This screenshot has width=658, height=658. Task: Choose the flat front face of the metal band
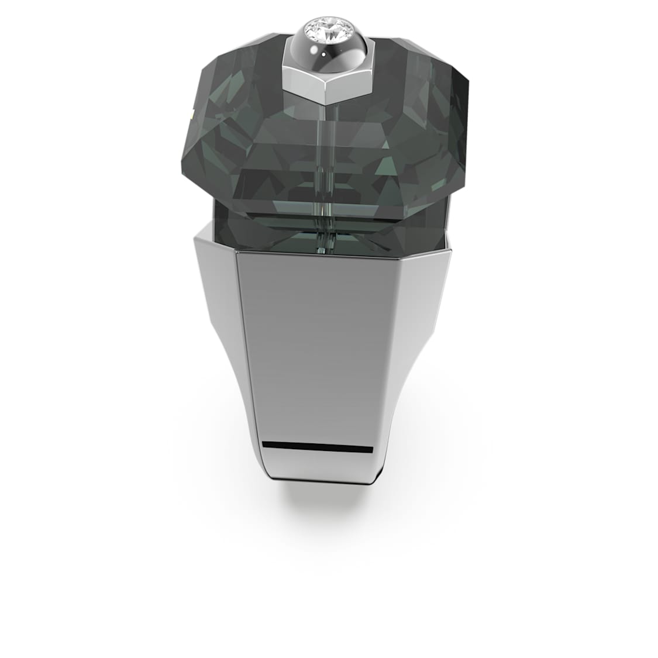[x=319, y=351]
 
